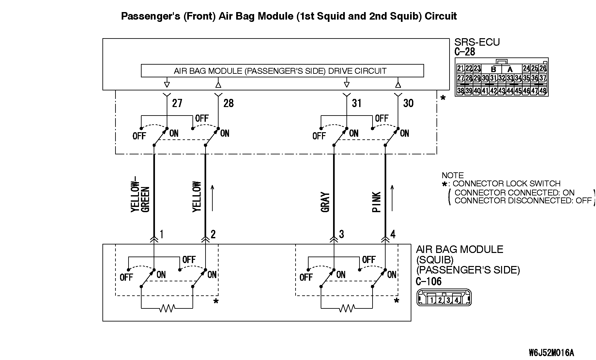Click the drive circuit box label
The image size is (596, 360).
point(280,71)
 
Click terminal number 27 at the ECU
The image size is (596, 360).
point(177,103)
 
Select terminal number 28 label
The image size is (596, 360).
point(228,103)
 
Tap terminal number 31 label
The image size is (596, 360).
point(357,103)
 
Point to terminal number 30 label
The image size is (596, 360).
point(408,103)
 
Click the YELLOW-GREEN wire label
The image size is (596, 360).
point(140,196)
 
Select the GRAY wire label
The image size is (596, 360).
point(325,202)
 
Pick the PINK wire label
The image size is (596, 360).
point(376,202)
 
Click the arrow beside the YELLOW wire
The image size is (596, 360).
point(212,198)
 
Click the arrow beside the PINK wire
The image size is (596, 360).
point(392,198)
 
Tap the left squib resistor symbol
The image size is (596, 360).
point(167,308)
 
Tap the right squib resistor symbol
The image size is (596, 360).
point(347,308)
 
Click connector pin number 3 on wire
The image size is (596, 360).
point(341,234)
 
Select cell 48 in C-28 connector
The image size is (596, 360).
point(543,91)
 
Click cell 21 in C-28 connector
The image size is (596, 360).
point(460,68)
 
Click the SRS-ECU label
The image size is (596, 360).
point(477,42)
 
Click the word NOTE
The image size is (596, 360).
point(452,175)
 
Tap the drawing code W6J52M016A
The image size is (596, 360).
point(551,353)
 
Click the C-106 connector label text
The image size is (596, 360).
point(428,281)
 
